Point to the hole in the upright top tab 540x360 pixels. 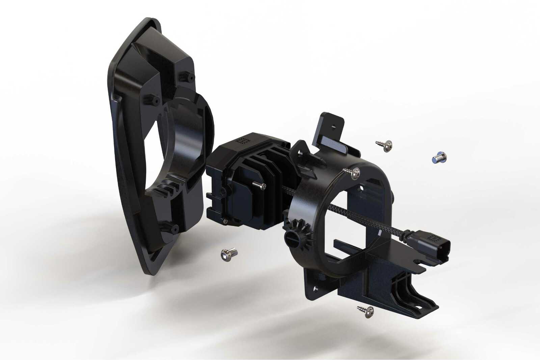pyautogui.click(x=333, y=127)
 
